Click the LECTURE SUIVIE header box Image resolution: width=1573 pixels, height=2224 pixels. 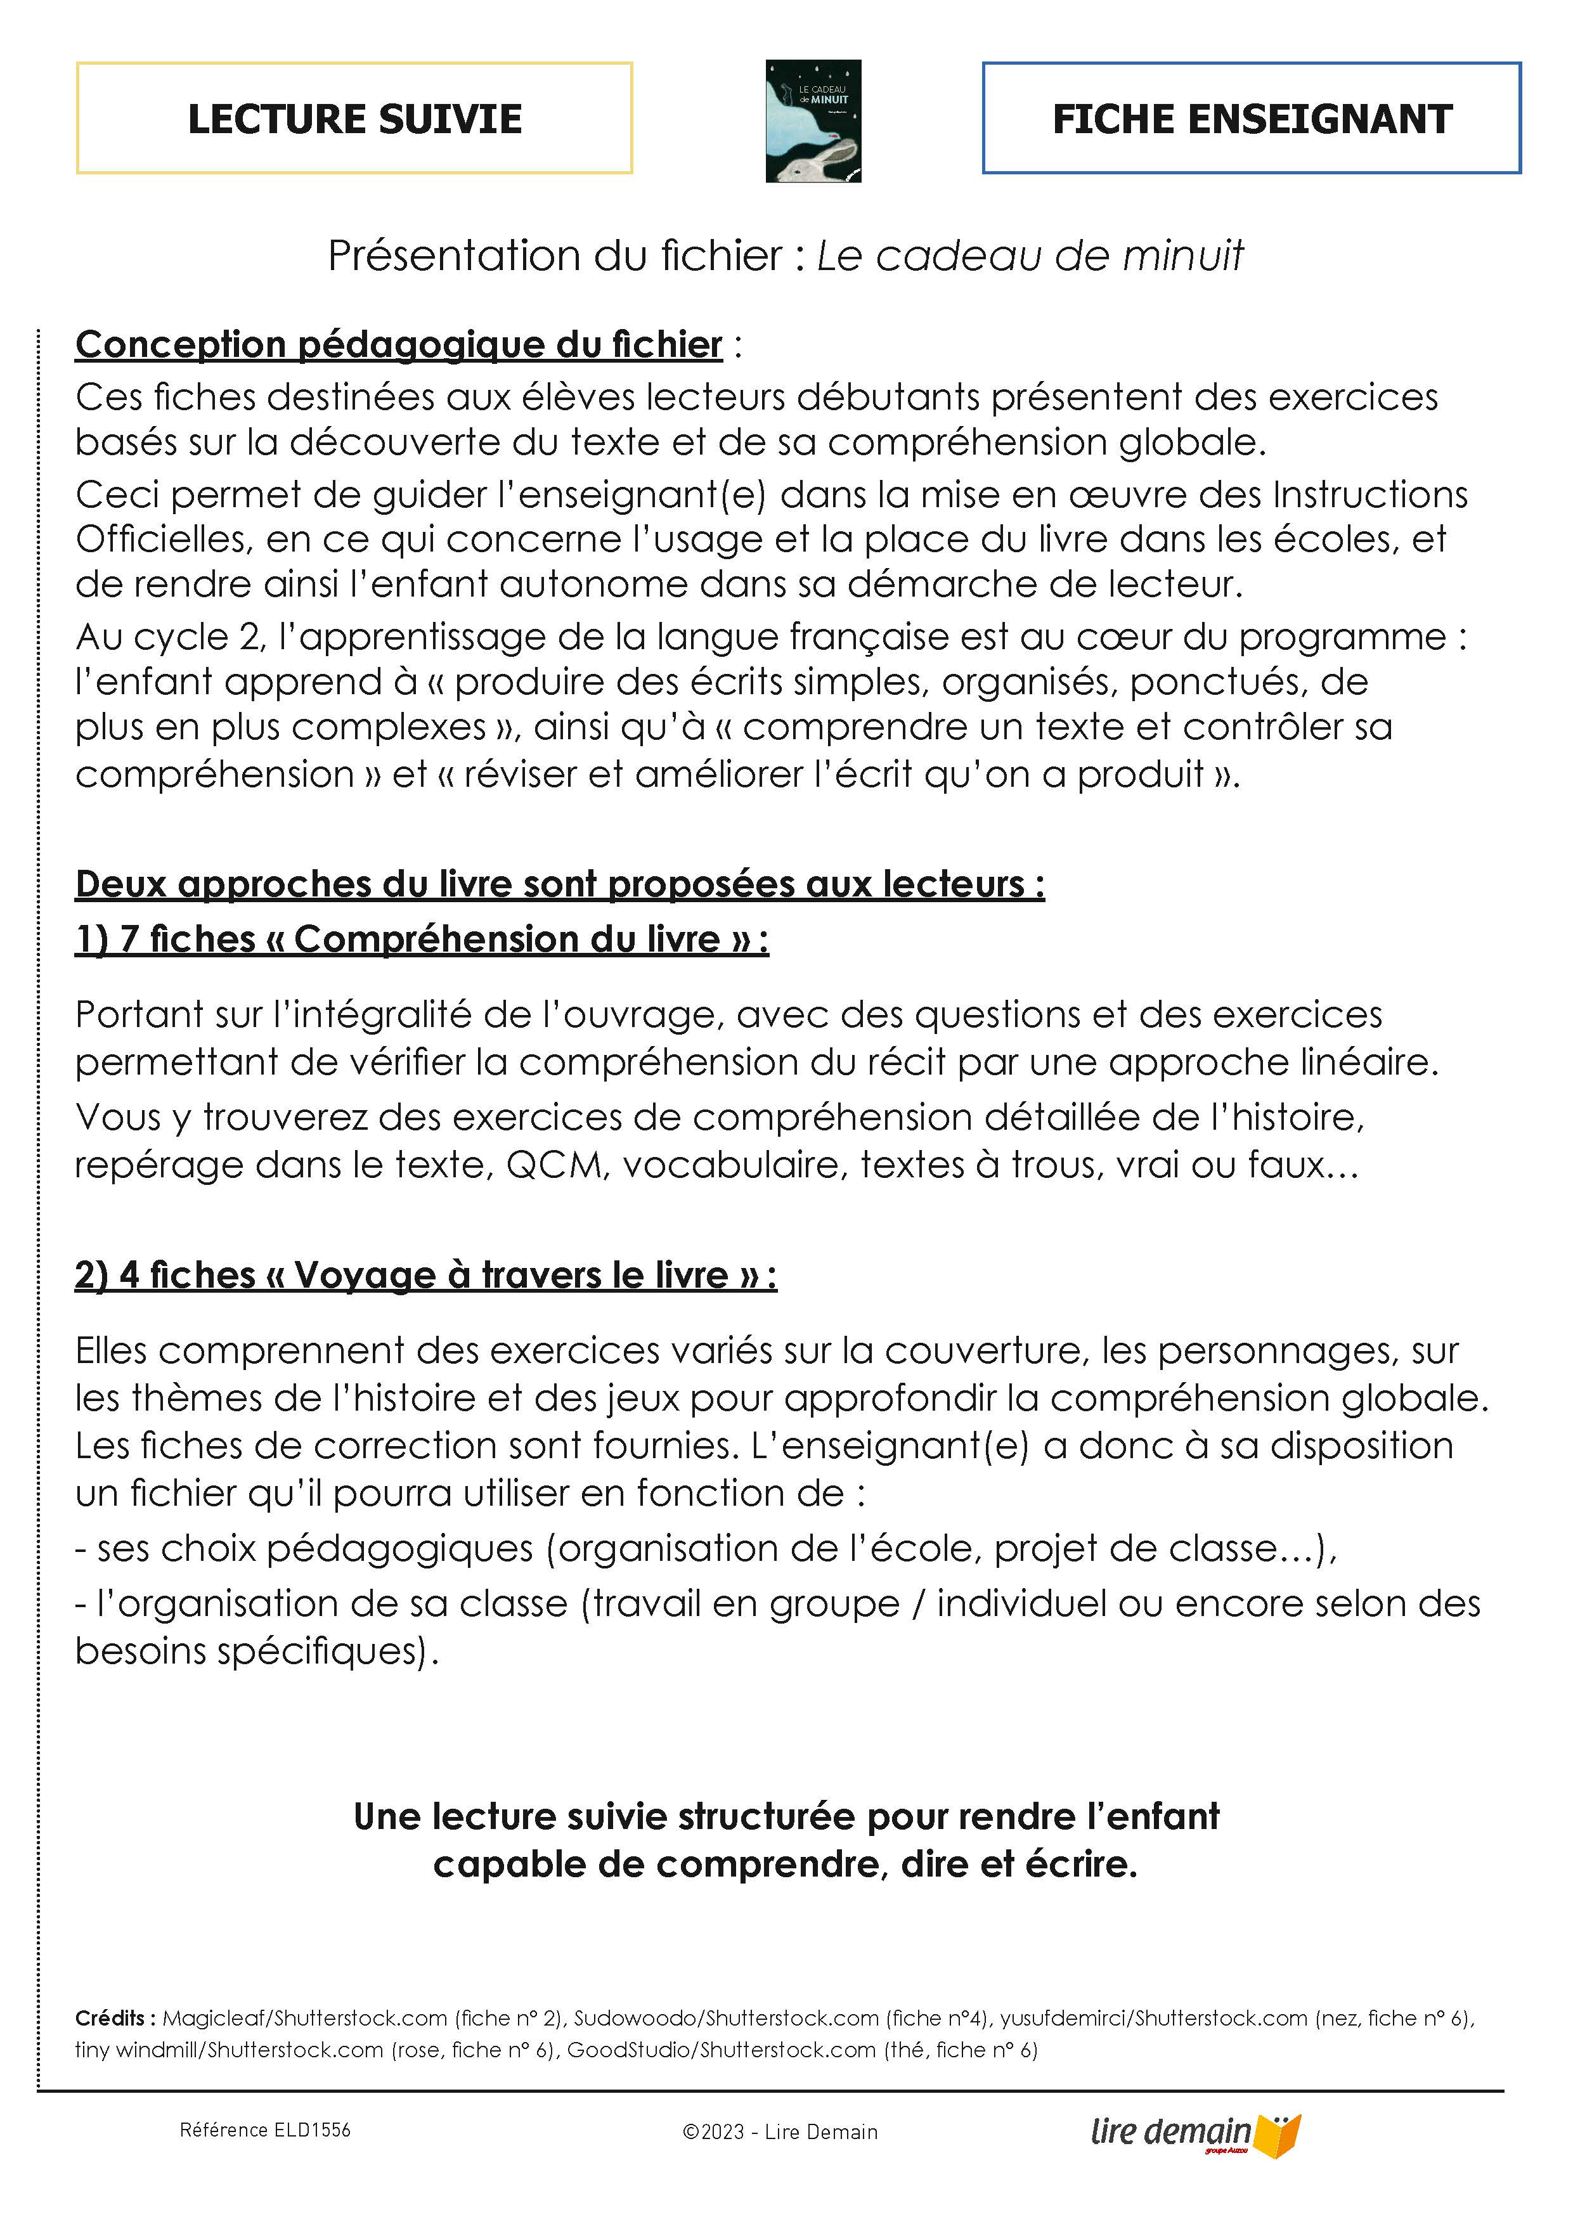354,118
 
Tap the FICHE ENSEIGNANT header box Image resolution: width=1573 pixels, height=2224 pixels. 1252,118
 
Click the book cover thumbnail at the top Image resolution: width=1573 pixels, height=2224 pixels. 813,121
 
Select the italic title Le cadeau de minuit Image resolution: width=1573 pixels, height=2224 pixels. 1030,255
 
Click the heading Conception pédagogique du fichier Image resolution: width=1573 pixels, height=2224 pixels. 399,345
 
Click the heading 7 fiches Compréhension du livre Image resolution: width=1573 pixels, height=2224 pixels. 422,939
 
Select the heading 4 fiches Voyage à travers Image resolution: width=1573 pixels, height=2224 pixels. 425,1275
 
